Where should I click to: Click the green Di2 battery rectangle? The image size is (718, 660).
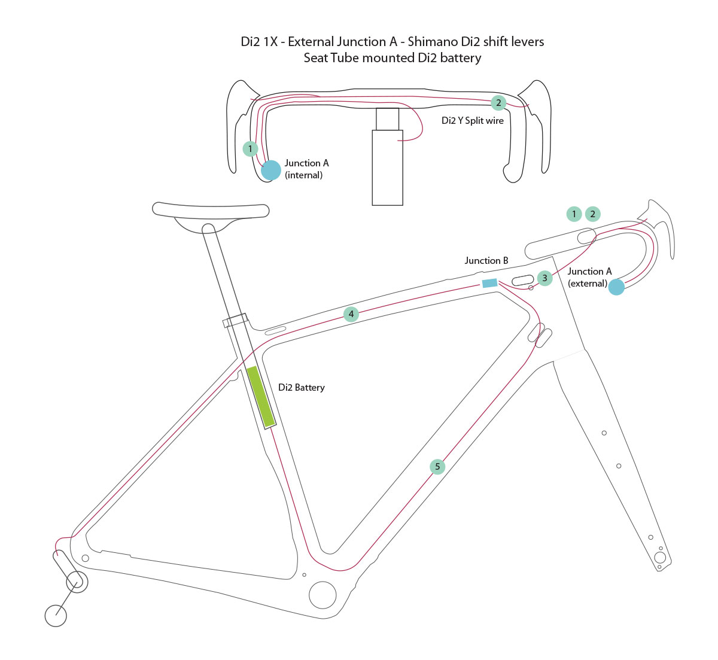coord(261,396)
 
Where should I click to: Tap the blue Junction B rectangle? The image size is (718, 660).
coord(489,283)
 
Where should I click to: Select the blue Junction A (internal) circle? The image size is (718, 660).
coord(271,170)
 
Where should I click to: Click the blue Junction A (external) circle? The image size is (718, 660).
coord(616,287)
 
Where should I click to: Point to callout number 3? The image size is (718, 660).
coord(544,278)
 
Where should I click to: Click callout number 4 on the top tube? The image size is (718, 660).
coord(351,314)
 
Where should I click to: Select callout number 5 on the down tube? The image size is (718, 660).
coord(437,467)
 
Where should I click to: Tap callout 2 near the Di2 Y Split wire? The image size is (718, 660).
coord(498,103)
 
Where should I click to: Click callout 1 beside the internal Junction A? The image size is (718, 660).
coord(250,148)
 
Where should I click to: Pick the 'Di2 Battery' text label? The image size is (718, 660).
coord(302,388)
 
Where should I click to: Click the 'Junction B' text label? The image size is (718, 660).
coord(486,260)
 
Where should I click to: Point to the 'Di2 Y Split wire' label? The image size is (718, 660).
coord(473,121)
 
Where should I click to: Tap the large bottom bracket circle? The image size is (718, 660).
coord(323,595)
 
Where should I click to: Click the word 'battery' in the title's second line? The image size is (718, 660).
coord(461,57)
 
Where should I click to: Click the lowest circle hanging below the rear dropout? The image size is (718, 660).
coord(56,616)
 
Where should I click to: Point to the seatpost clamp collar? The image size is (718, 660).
coord(236,321)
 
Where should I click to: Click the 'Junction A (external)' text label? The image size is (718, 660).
coord(589,277)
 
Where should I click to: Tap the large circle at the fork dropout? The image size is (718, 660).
coord(660,558)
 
